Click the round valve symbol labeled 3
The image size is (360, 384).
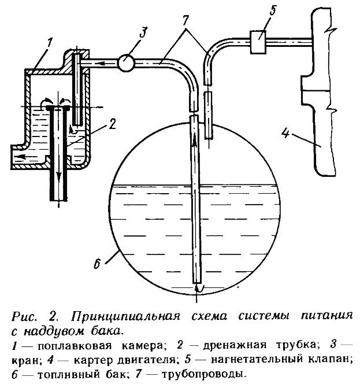coord(126,63)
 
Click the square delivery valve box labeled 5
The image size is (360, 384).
coord(258,42)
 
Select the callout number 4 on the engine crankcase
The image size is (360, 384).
coord(285,134)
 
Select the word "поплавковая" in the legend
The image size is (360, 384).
coord(75,346)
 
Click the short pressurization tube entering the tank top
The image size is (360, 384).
coord(209,115)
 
